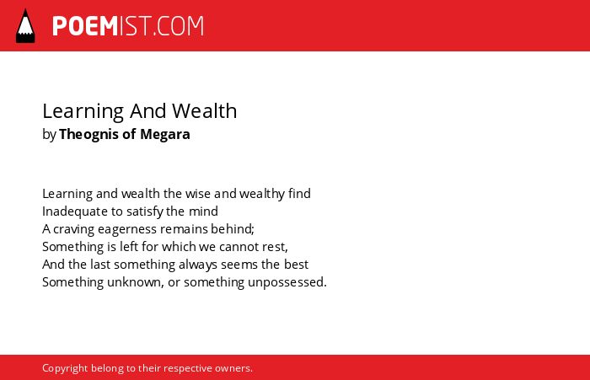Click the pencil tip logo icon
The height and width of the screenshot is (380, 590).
tap(25, 25)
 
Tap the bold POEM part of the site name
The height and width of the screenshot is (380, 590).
tap(85, 26)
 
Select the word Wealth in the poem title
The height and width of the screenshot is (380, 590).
tap(204, 110)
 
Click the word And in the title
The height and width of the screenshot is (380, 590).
tap(147, 110)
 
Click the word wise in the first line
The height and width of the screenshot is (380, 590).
tap(198, 194)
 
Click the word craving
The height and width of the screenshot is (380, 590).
tap(73, 229)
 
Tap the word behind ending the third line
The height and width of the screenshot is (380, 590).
tap(232, 228)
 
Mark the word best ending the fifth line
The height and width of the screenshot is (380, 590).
tap(296, 264)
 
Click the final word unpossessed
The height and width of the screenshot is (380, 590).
tap(287, 282)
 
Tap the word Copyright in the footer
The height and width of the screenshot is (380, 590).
tap(65, 368)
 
